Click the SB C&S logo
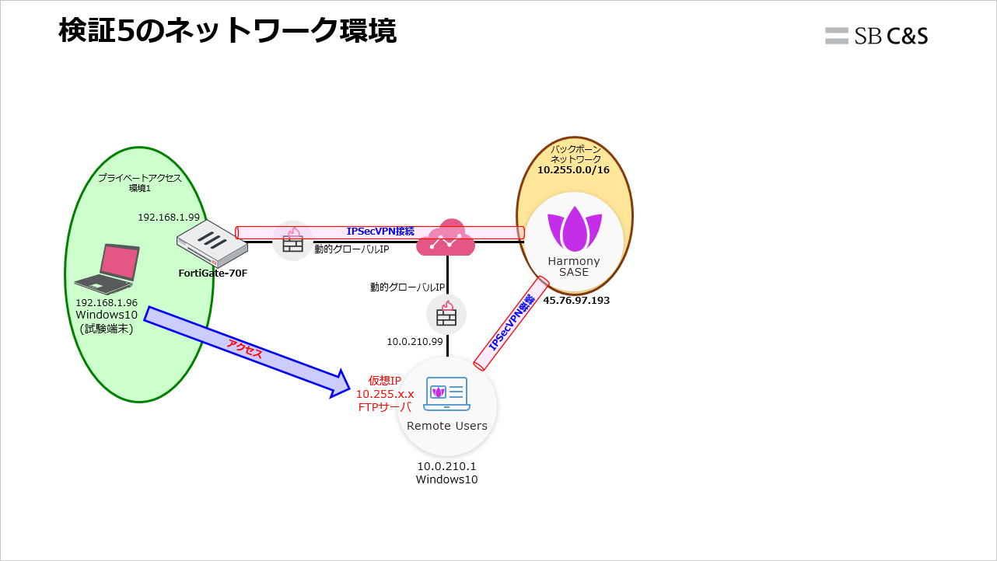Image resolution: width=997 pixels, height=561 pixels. pos(876,36)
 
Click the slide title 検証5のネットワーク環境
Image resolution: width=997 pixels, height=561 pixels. pos(227,32)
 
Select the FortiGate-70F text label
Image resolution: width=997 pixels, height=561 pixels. pos(213,273)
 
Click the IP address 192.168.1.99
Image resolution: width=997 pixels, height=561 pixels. pos(169,218)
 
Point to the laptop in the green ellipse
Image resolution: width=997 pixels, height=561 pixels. pos(107,269)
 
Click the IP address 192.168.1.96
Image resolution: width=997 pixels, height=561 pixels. pos(107,303)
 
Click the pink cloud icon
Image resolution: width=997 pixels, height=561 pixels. pos(446,239)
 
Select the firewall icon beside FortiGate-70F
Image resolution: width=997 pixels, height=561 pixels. pos(292,240)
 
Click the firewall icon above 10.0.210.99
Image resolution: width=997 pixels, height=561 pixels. pos(446,314)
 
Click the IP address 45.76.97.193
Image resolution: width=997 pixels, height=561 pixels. pos(576,300)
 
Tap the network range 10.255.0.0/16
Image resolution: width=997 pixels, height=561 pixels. pos(575,169)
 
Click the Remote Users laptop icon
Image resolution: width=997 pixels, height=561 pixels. pos(447,394)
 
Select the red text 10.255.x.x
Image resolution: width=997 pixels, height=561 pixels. pos(385,394)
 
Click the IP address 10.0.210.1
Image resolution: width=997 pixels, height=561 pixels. pos(446,466)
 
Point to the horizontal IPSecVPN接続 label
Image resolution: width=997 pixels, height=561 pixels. pos(380,232)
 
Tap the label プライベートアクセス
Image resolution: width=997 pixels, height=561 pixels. pos(140,178)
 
